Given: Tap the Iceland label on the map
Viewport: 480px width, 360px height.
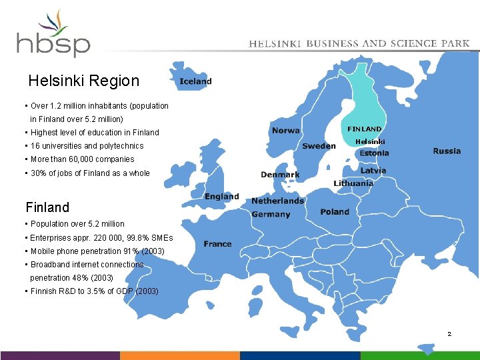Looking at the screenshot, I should [195, 81].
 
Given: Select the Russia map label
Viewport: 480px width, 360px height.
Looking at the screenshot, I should [447, 151].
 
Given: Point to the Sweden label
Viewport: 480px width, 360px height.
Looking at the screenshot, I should [319, 145].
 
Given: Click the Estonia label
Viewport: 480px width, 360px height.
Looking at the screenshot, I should [374, 153].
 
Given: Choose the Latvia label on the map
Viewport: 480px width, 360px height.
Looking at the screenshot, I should [373, 171].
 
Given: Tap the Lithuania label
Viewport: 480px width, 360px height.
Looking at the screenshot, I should [353, 183].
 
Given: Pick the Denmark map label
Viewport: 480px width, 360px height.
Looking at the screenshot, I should [280, 175].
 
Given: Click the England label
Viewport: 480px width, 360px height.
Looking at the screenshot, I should [222, 197].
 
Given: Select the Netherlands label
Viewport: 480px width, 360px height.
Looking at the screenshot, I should [277, 201].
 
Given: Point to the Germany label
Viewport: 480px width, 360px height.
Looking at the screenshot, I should [271, 214].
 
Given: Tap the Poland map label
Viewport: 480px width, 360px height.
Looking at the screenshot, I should [335, 211].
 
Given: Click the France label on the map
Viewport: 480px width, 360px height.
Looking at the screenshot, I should [218, 244].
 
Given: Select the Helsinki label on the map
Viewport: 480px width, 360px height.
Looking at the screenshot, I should [370, 141].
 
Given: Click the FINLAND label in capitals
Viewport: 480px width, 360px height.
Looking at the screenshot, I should [365, 129].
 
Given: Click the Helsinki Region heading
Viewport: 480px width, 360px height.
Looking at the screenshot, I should [84, 81].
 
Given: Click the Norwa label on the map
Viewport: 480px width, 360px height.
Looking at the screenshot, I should [285, 131].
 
